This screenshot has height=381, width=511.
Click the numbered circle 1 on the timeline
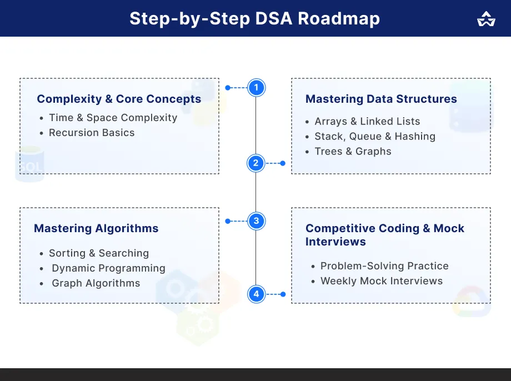pos(256,88)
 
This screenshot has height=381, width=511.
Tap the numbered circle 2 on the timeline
pos(256,163)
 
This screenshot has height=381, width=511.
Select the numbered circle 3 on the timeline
pos(256,221)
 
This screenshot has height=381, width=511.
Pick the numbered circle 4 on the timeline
pos(256,294)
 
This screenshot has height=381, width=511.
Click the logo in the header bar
pos(486,19)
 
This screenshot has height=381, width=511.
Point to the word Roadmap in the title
pos(339,18)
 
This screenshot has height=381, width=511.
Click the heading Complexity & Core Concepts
pos(119,99)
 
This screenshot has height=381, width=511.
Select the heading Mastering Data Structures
pos(381,99)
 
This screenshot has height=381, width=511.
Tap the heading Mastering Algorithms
pos(96,228)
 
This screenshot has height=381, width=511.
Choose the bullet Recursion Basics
pos(92,133)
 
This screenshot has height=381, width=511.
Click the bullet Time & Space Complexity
pos(113,118)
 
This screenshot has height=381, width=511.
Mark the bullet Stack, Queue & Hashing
pos(375,137)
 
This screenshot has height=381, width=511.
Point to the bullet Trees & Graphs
pos(353,152)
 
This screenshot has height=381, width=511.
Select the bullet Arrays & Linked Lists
pos(367,122)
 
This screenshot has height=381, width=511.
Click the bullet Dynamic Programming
pos(108,268)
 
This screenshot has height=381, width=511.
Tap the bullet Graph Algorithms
pos(96,283)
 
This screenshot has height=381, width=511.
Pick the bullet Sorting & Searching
pos(99,253)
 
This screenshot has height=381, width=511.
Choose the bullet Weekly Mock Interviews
pos(382,281)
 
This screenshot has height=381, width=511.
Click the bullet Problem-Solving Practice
pos(384,266)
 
